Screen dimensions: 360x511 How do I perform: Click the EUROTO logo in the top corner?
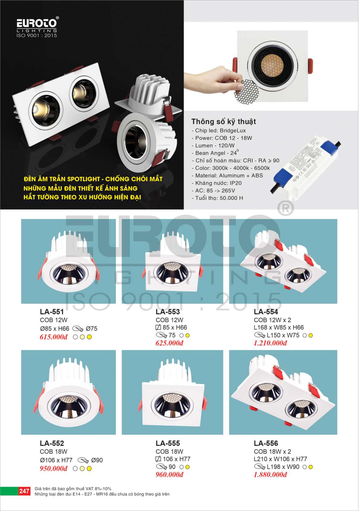[37, 27]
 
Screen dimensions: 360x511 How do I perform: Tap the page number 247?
[24, 491]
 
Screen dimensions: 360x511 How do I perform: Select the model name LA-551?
[52, 312]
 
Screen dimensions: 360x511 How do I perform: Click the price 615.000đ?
[54, 337]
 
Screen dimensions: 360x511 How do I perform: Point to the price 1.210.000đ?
[270, 343]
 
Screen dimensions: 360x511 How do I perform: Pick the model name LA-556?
[266, 443]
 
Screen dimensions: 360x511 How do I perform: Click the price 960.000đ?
[169, 474]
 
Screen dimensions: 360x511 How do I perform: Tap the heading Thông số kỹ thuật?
[224, 122]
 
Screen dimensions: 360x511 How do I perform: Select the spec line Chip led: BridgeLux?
[219, 130]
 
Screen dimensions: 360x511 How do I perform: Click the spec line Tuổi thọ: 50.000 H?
[218, 198]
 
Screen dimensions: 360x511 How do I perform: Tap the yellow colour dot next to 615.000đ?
[89, 337]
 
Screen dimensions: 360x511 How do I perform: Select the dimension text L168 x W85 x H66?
[279, 328]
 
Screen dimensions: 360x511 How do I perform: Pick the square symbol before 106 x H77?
[158, 459]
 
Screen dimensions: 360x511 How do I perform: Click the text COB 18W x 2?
[273, 451]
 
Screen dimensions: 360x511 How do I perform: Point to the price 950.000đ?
[54, 468]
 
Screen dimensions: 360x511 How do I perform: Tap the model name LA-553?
[168, 312]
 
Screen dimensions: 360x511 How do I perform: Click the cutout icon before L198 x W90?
[260, 467]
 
